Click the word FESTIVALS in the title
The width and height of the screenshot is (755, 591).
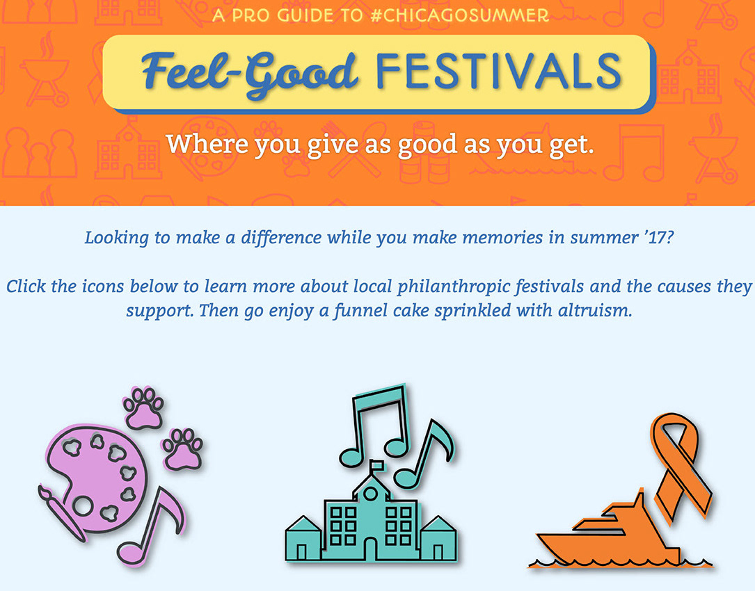[498, 71]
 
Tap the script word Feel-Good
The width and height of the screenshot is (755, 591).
[250, 73]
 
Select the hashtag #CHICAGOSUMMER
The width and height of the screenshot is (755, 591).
[460, 15]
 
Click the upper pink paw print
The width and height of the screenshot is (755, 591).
[143, 408]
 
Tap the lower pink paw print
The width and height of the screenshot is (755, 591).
[182, 448]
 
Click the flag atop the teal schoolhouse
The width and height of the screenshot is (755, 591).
[376, 466]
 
